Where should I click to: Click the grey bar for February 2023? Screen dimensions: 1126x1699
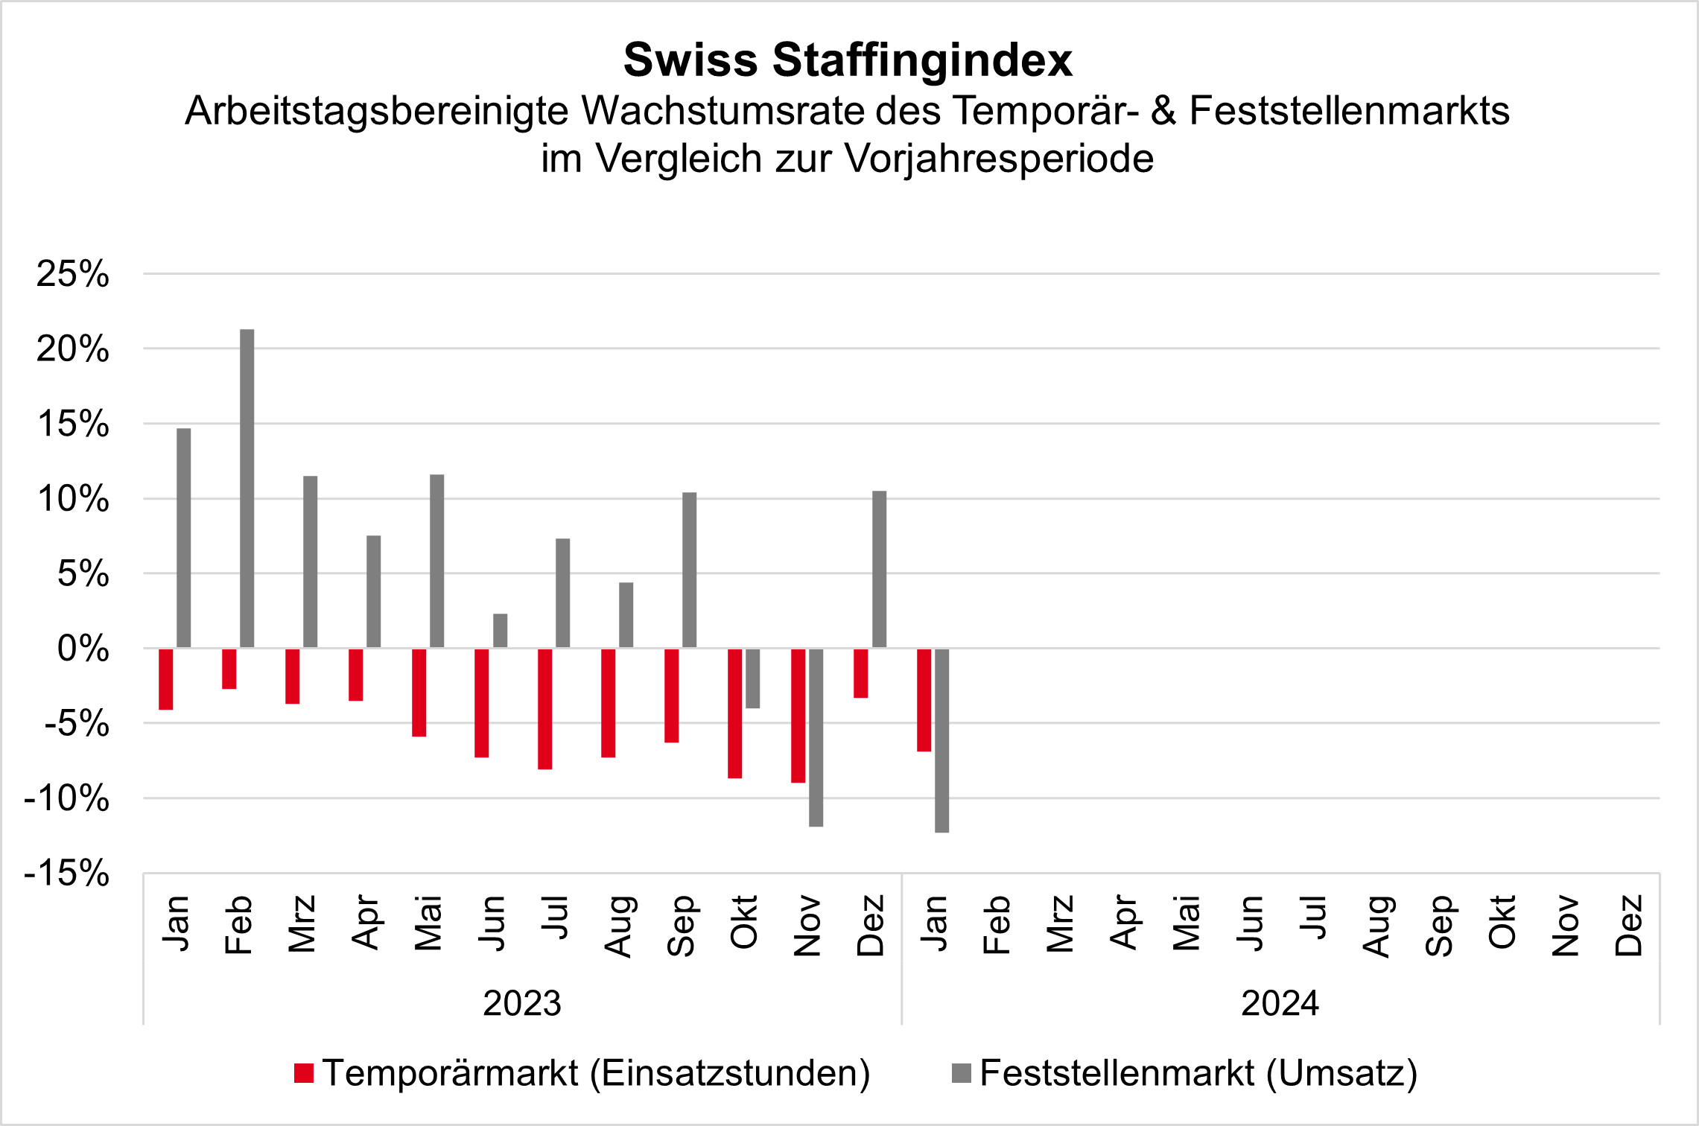(x=247, y=489)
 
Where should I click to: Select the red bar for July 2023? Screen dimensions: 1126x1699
(x=545, y=708)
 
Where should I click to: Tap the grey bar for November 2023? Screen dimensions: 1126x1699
(x=816, y=737)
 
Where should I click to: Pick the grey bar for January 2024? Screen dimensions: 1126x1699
(x=942, y=740)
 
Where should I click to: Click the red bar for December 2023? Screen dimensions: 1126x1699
(x=861, y=673)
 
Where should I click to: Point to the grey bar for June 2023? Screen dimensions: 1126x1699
(x=501, y=631)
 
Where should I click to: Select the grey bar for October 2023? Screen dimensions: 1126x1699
(x=753, y=678)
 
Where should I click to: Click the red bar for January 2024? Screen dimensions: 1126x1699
(x=924, y=700)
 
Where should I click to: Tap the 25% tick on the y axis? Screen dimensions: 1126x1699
(x=73, y=274)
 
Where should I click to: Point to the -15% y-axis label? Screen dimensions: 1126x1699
(x=67, y=873)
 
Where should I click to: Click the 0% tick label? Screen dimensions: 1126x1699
(x=83, y=649)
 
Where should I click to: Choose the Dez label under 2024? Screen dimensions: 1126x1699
(x=1629, y=925)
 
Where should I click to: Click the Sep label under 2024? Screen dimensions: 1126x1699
(x=1439, y=925)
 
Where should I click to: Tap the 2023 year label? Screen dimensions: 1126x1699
(x=522, y=1003)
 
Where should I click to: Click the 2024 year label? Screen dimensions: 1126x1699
(x=1280, y=1003)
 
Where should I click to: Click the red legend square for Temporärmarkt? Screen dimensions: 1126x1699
(x=304, y=1073)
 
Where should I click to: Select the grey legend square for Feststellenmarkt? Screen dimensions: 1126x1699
(x=962, y=1073)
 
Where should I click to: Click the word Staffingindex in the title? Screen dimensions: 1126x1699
(x=922, y=60)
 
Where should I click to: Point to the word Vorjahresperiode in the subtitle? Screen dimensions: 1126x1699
(x=1000, y=159)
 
